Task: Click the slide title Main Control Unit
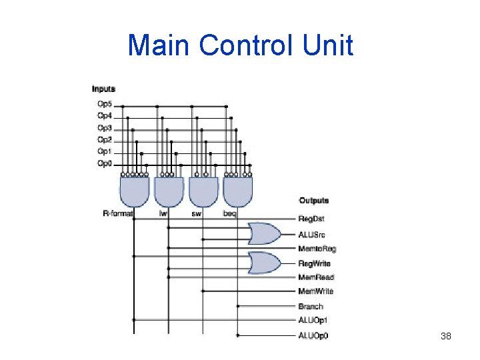click(240, 46)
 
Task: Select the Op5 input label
click(105, 104)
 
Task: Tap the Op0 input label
click(105, 163)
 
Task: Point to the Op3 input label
click(105, 128)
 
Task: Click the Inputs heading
click(103, 89)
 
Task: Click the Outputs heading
click(313, 201)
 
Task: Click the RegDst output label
click(311, 219)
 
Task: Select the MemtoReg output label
click(317, 249)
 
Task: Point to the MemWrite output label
click(315, 291)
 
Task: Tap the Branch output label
click(311, 307)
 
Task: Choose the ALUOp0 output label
click(313, 335)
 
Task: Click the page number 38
click(446, 336)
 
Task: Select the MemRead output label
click(315, 277)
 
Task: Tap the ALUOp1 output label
click(313, 321)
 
